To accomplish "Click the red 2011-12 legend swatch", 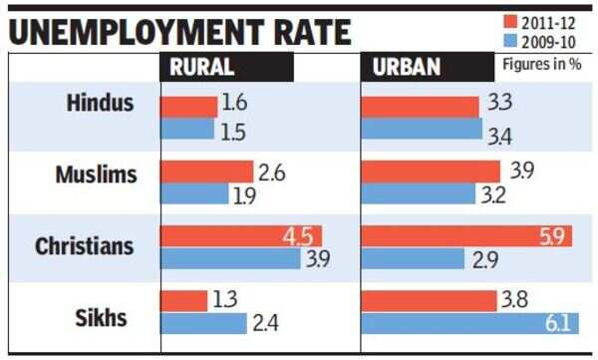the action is [510, 22].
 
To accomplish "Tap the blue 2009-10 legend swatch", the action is [510, 41].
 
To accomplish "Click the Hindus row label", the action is [101, 103].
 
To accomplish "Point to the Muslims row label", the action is [96, 175].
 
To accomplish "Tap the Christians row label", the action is [85, 246].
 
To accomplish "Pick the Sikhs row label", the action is [101, 318].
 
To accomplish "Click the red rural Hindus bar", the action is [188, 107].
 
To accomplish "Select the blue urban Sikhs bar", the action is [469, 323].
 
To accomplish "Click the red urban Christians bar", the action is [466, 236].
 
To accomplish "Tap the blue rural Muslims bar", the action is [194, 193].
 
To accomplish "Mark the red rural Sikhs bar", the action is [183, 301].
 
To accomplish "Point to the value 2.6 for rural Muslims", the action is [272, 173].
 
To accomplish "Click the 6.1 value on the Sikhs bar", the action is [558, 323].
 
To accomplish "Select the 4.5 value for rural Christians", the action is [298, 237].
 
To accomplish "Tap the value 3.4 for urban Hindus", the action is [499, 137].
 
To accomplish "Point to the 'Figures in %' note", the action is [542, 64].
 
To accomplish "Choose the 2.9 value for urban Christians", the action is [485, 260].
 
